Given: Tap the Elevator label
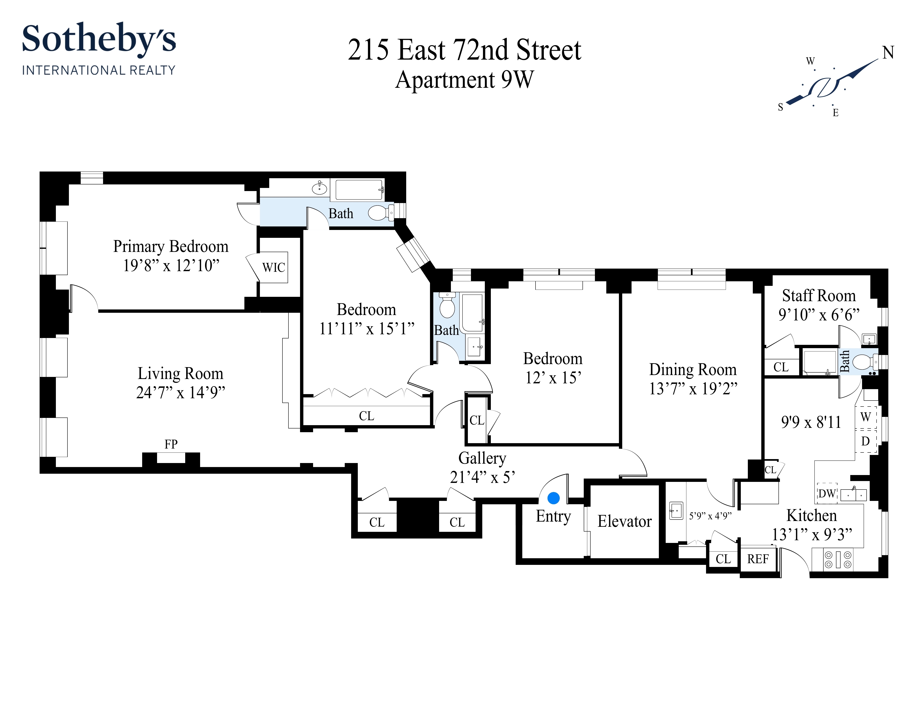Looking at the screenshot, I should point(624,521).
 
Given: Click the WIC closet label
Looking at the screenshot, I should point(273,267).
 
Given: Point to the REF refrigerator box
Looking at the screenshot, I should point(758,559).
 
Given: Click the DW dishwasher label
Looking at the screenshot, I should point(826,493).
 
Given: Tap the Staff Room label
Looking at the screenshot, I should point(818,296).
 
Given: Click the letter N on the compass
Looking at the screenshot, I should point(888,53).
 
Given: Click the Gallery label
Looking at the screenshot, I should point(482,458).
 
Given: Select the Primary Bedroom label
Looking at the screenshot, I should point(171,247).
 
